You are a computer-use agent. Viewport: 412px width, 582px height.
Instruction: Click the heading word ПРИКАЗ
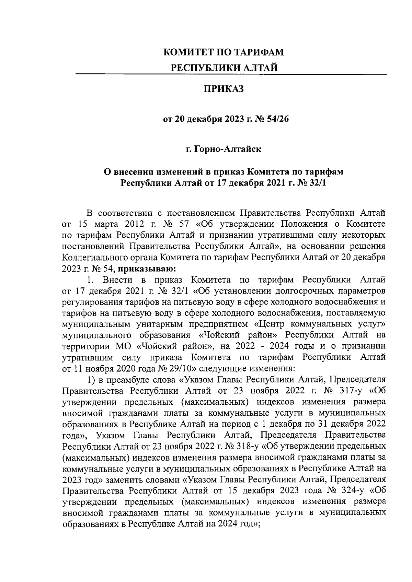(x=224, y=90)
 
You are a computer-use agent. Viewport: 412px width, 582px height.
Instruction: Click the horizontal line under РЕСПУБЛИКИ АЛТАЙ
(x=231, y=74)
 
